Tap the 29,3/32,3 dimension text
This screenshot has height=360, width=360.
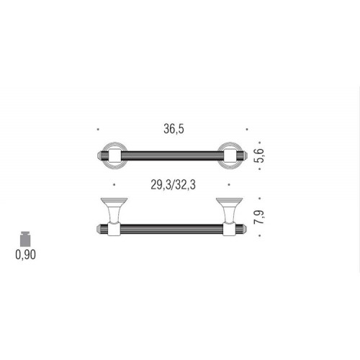click(174, 185)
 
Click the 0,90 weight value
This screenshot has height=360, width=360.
click(26, 253)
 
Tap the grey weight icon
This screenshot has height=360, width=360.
click(26, 238)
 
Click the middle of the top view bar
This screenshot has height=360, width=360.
click(174, 154)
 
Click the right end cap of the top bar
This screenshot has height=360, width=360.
click(248, 154)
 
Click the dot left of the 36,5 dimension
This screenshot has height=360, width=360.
click(98, 130)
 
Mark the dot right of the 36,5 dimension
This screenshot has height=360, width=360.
click(248, 130)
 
